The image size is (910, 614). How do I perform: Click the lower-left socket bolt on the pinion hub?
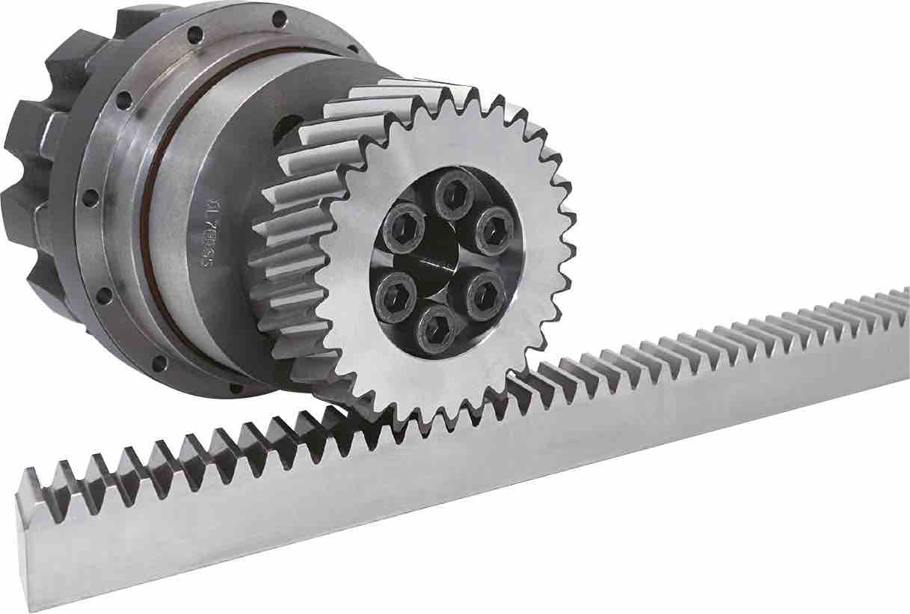coord(396,292)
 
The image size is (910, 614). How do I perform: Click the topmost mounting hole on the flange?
coord(278,18)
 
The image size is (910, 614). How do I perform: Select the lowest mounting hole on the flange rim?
coord(236,387)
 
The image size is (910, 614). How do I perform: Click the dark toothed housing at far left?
coord(37,172)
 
